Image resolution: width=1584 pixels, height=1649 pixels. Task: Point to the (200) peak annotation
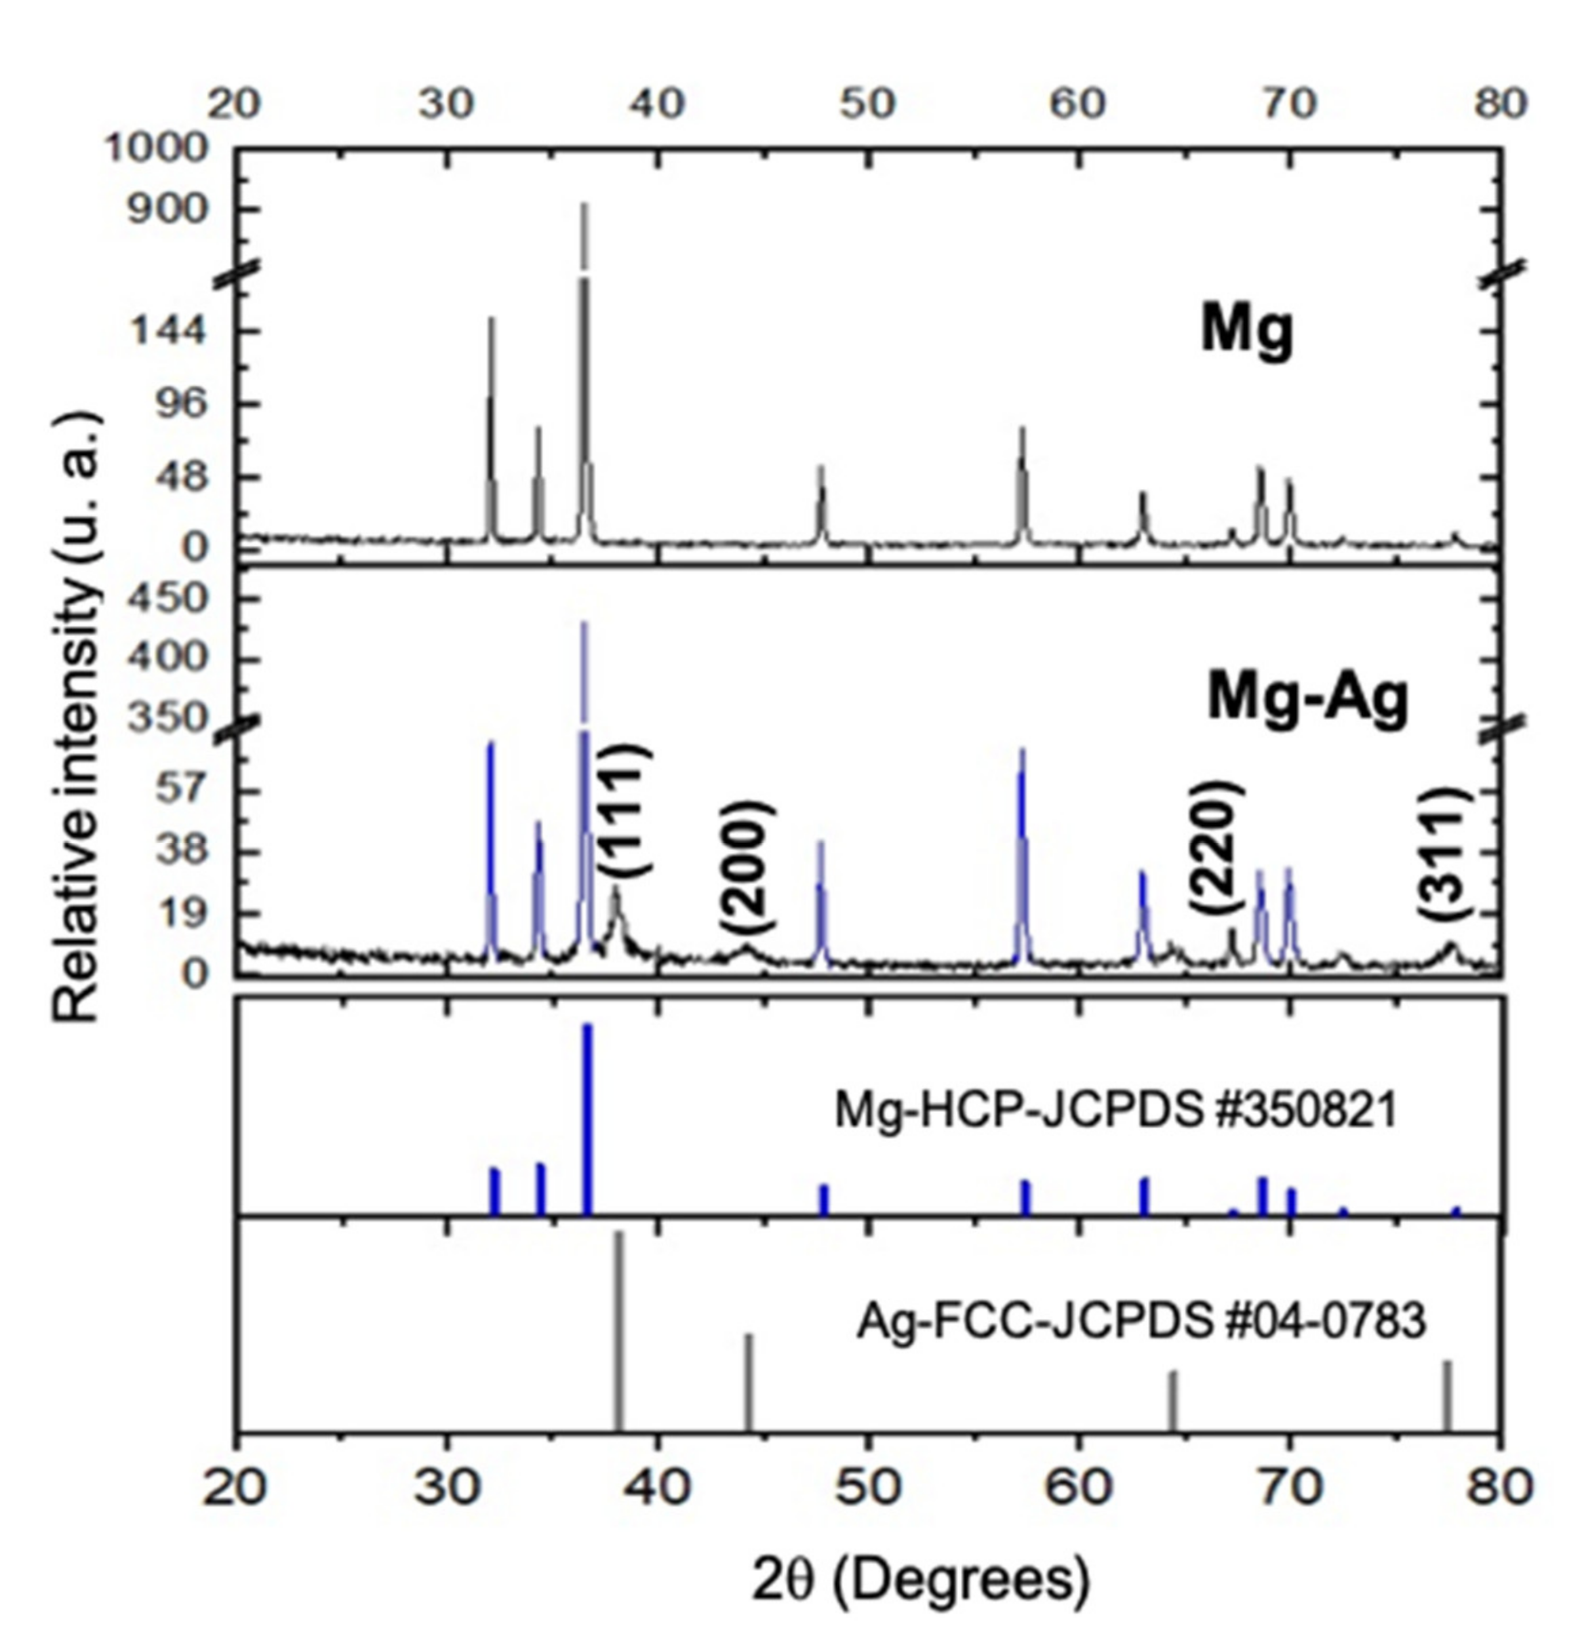745,867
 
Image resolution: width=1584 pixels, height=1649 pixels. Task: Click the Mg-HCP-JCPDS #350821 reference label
1115,1110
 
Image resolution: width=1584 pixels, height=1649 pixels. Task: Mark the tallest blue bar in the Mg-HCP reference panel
587,1119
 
